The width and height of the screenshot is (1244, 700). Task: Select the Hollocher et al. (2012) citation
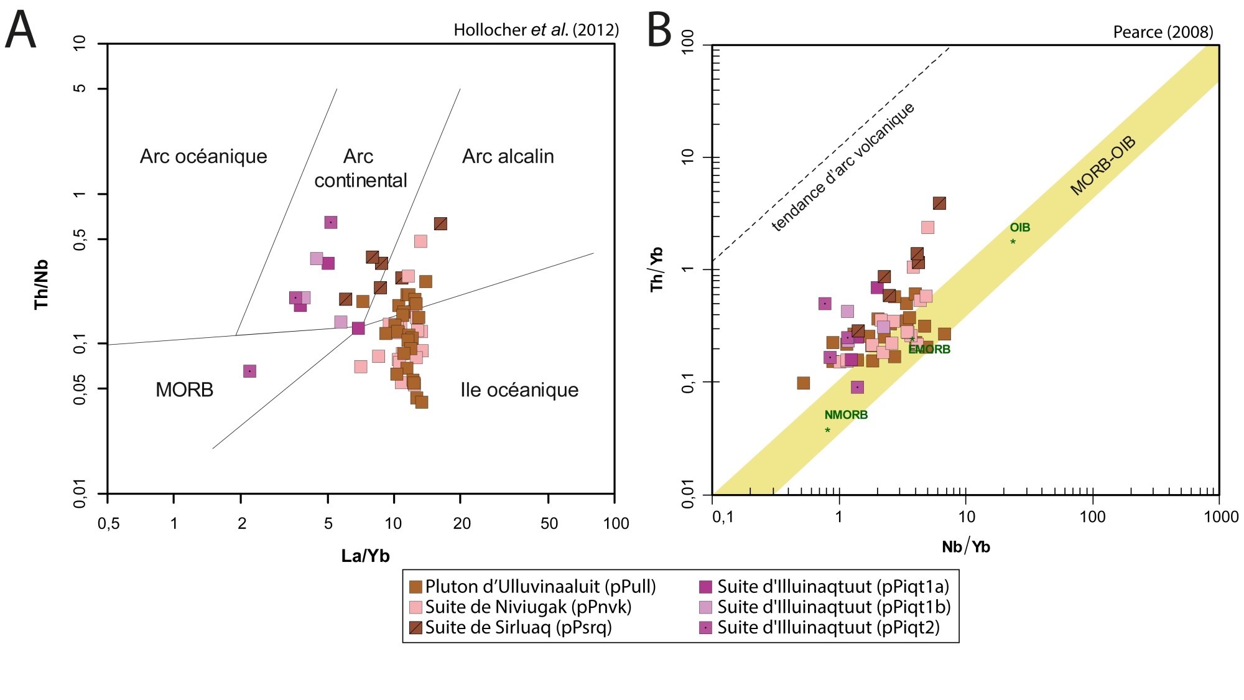[536, 30]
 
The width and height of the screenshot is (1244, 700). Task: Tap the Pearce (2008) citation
[1163, 32]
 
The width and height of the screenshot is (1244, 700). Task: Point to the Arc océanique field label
[203, 156]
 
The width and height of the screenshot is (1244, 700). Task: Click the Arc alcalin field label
[508, 156]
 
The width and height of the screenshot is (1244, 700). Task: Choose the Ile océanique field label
[519, 390]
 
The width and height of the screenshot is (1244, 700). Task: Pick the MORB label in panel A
[184, 390]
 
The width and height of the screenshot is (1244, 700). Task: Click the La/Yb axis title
[365, 556]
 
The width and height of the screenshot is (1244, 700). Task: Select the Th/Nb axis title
[42, 284]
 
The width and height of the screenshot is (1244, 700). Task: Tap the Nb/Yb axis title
[965, 547]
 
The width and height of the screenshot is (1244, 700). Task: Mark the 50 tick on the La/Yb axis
[549, 523]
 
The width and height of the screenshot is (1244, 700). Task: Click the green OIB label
[1020, 228]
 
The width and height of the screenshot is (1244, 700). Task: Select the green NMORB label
[845, 415]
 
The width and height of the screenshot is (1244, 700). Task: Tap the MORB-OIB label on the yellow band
[1103, 166]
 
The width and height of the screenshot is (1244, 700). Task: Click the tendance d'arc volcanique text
[843, 167]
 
